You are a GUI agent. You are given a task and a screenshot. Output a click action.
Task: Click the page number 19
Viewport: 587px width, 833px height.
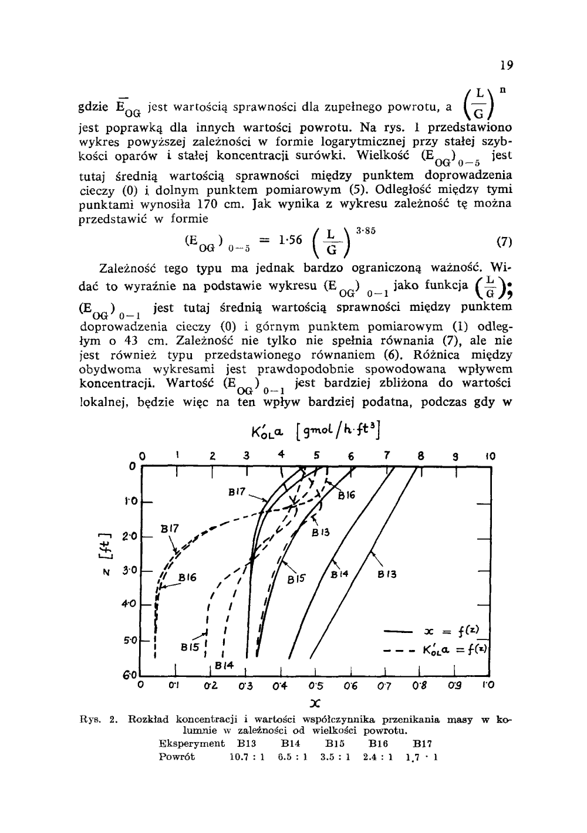[x=507, y=66]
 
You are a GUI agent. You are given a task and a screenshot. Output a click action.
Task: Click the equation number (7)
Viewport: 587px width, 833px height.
[x=504, y=241]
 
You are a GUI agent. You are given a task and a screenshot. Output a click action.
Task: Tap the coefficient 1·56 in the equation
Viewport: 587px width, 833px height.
[x=290, y=240]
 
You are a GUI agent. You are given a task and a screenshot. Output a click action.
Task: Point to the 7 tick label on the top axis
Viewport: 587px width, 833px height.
[x=386, y=456]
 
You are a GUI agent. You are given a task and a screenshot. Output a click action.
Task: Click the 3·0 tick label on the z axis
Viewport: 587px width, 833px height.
[x=129, y=570]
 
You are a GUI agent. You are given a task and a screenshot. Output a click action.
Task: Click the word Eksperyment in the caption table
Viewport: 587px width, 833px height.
[x=192, y=743]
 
